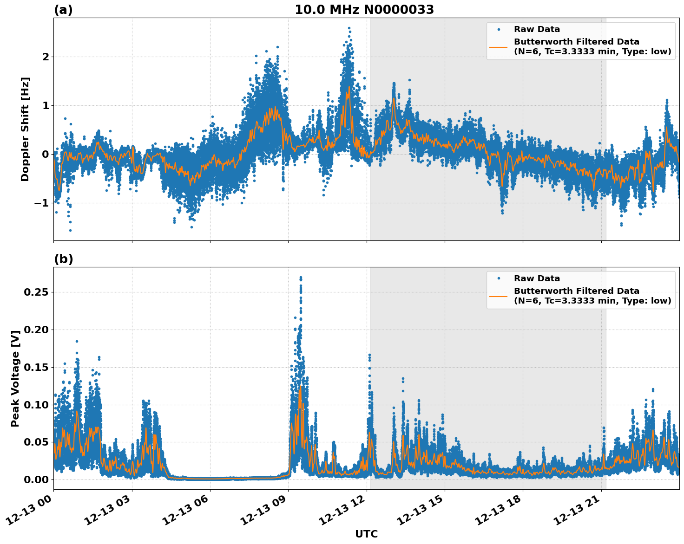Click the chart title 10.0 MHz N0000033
click(364, 10)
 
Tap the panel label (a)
click(63, 10)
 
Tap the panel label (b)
click(63, 259)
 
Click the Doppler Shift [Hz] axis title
click(25, 129)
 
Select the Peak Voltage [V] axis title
click(15, 378)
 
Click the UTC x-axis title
click(366, 534)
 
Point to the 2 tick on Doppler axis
click(46, 57)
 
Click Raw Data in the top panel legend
click(537, 29)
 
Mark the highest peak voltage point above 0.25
click(301, 278)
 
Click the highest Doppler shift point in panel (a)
click(349, 28)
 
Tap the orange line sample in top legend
click(498, 46)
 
